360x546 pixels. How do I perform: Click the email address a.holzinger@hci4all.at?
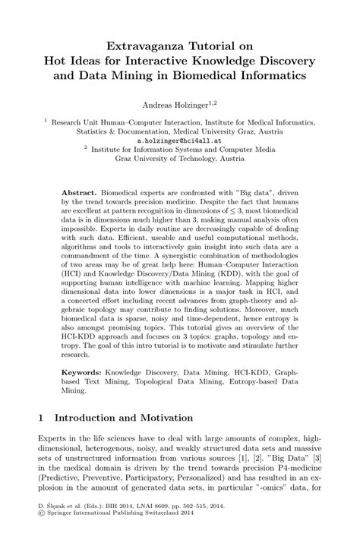click(x=179, y=140)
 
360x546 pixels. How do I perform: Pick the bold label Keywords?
click(x=83, y=374)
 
